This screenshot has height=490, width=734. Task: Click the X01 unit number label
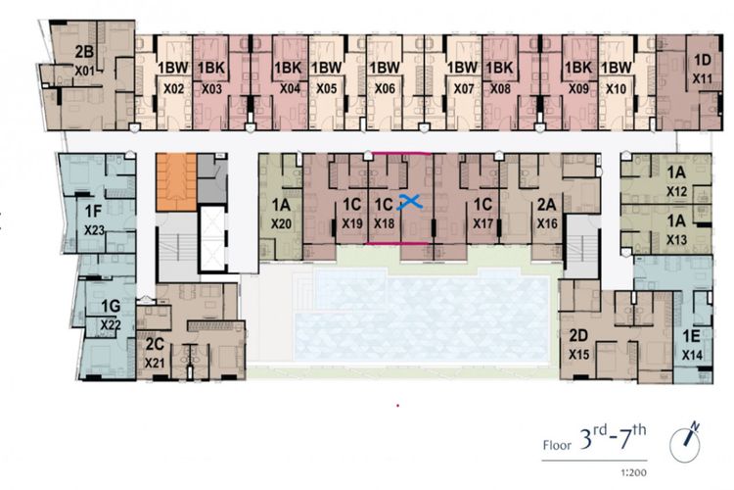pos(85,72)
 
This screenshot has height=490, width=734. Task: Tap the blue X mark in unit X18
pos(410,202)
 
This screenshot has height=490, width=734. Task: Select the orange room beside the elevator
pos(176,181)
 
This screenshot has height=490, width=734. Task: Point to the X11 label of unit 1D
pos(702,78)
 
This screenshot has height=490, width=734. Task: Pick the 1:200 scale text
pos(634,472)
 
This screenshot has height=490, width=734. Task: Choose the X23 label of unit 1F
pos(94,230)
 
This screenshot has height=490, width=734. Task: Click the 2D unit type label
pos(578,336)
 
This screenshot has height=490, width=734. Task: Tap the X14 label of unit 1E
pos(692,355)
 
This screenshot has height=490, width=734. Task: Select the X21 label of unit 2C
pos(155,363)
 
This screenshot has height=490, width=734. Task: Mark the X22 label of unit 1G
pos(111,324)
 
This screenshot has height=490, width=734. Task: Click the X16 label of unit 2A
pos(547,223)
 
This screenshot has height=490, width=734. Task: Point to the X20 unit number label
pos(281,223)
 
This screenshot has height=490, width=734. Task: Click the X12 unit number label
pos(676,191)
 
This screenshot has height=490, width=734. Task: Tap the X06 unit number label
pos(385,88)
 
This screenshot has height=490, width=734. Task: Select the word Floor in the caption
pos(557,445)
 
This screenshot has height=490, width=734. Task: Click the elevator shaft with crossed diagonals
pos(212,239)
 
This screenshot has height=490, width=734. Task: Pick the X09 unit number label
pos(578,88)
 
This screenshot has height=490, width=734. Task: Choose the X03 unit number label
pos(211,88)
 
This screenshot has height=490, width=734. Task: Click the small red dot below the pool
pos(398,405)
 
